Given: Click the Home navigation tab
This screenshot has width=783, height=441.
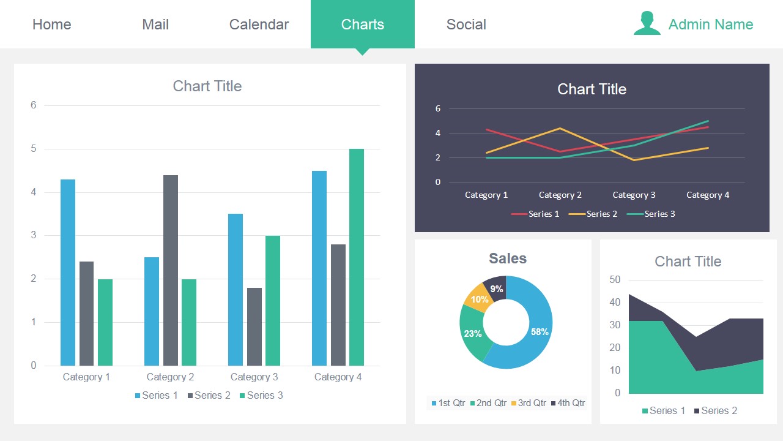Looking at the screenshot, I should (52, 24).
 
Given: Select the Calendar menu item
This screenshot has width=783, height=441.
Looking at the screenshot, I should (259, 24).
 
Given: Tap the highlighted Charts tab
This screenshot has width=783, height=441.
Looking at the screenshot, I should (363, 24).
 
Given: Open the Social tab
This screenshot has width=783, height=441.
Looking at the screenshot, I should (466, 24).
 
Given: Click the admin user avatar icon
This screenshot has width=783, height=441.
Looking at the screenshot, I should (647, 24).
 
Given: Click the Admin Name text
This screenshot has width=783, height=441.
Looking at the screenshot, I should (711, 24).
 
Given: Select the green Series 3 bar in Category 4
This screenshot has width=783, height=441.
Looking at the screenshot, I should (357, 257).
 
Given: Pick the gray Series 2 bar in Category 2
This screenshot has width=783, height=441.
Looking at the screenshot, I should (171, 269).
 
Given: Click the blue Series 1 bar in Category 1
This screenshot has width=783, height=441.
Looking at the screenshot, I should (68, 273).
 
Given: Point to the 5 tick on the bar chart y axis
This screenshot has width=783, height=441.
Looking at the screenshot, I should (34, 149).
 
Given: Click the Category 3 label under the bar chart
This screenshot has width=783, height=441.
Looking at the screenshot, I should (254, 377).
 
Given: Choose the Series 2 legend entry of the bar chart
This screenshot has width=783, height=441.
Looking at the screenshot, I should (209, 396).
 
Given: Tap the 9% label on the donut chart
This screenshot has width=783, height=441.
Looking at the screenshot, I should (497, 289).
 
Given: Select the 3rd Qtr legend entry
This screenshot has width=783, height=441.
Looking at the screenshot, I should (529, 403).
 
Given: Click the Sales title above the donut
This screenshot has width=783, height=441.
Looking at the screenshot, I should (508, 258).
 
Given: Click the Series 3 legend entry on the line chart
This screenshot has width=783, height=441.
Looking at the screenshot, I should (655, 214).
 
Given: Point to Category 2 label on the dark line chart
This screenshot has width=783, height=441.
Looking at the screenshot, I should (560, 195).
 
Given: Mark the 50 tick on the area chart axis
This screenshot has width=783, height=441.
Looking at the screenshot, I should (615, 280).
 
